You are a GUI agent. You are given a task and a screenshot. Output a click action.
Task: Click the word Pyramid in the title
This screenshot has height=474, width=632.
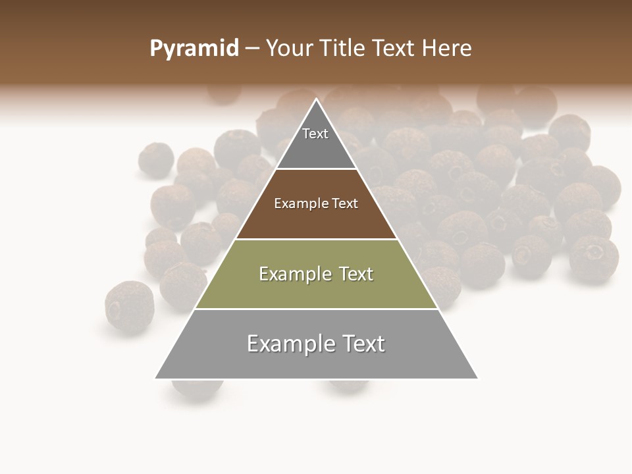(x=194, y=49)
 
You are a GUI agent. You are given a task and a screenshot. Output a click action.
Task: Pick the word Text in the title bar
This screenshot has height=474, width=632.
(x=394, y=49)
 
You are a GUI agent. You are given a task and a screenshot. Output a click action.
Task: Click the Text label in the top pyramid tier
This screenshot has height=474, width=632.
(x=315, y=134)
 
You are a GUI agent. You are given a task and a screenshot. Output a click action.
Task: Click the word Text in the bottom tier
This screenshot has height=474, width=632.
(x=363, y=344)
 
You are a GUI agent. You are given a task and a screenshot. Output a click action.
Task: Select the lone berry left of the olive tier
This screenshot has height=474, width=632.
(x=129, y=307)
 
